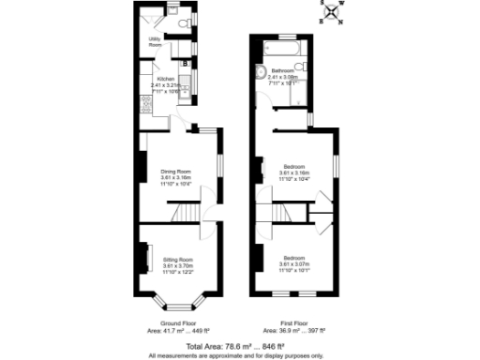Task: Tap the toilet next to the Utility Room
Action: coord(183,19)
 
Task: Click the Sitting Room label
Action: coord(177,258)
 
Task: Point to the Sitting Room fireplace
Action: coord(145,258)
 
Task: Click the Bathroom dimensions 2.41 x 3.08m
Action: coord(285,77)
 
